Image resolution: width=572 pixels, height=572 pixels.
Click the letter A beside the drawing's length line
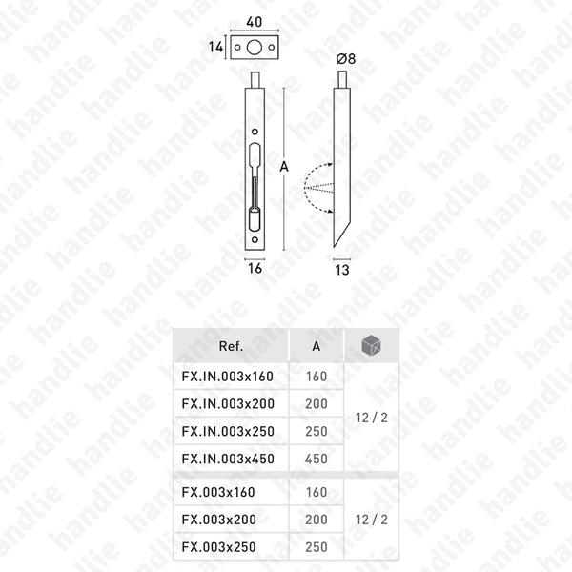tap(284, 166)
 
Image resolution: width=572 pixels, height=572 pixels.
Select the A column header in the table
tap(317, 347)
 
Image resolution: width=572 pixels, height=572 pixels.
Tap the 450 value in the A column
tap(317, 459)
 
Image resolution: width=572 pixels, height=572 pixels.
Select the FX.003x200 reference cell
tap(219, 520)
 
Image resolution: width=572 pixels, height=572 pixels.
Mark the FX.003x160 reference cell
tap(219, 492)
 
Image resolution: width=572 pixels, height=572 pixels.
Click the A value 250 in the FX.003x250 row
tap(317, 547)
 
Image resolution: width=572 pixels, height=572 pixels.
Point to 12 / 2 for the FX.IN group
tap(367, 417)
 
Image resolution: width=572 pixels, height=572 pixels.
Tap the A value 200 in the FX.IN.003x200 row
tap(317, 403)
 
